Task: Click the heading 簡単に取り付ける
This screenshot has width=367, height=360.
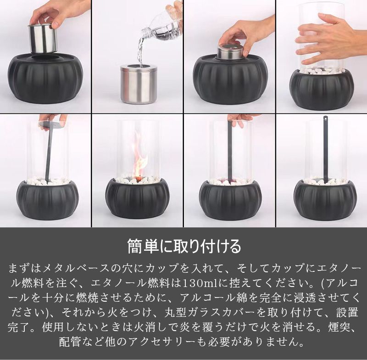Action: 184,246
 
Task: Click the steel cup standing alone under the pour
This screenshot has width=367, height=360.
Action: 139,84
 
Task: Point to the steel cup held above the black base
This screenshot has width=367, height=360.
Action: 43,38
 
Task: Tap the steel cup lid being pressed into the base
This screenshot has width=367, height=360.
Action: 231,52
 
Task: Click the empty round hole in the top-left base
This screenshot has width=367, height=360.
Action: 45,57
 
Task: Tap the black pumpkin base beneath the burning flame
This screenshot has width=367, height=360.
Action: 138,199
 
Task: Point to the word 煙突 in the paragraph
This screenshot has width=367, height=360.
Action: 339,327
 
